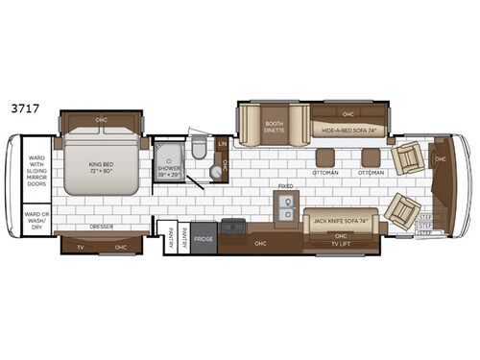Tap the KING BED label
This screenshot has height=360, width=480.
click(102, 166)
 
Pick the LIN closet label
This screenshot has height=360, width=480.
click(222, 143)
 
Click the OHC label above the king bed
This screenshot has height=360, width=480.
click(102, 120)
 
